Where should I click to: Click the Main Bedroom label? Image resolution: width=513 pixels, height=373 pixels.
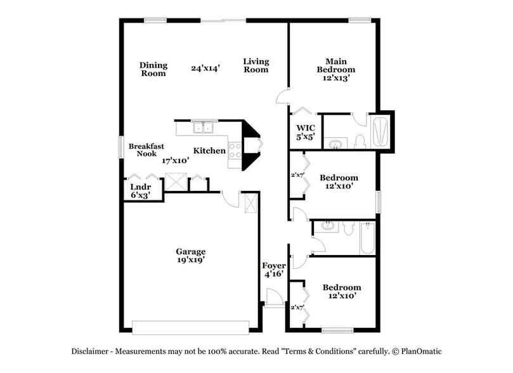click(336, 69)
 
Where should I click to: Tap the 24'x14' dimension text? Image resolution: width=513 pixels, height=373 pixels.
click(205, 68)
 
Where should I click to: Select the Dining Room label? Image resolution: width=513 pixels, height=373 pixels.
click(153, 69)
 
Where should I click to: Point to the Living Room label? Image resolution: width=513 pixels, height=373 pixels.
click(256, 65)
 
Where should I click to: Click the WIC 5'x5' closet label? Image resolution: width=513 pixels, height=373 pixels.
click(306, 131)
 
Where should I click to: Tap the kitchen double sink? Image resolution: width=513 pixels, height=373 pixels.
click(204, 127)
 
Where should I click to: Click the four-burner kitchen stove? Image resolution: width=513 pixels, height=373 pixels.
click(235, 150)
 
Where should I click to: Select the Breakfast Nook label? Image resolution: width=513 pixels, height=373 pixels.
click(146, 150)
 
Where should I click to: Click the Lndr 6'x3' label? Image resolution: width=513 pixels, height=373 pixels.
click(140, 191)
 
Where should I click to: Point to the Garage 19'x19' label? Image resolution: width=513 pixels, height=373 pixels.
click(190, 255)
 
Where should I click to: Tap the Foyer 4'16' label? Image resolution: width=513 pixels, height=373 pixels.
click(274, 270)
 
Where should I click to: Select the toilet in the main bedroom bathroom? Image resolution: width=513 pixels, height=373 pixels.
click(360, 141)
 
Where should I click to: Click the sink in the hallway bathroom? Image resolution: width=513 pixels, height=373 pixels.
click(328, 225)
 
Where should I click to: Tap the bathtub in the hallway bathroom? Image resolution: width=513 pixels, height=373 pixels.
click(367, 238)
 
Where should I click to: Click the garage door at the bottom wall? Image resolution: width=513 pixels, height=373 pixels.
click(190, 327)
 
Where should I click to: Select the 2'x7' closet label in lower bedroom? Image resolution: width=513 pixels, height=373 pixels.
click(297, 307)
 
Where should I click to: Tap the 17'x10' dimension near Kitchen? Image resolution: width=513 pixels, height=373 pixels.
click(175, 160)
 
